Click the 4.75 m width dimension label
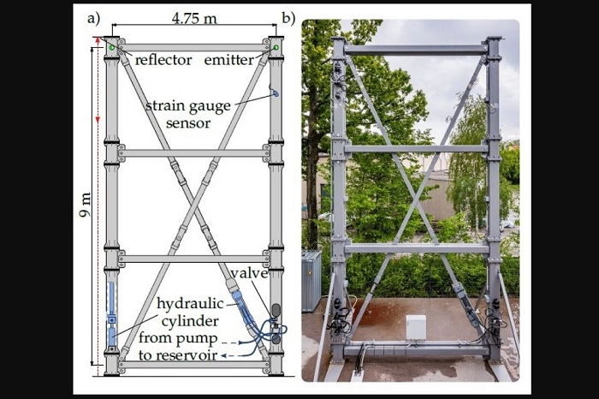(193, 18)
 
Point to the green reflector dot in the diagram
(111, 48)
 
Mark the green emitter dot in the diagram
(276, 49)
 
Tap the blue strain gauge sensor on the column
(274, 92)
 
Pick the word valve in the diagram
(250, 274)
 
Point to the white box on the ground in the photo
(415, 327)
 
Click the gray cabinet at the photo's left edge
(311, 280)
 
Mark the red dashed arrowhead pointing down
(98, 119)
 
